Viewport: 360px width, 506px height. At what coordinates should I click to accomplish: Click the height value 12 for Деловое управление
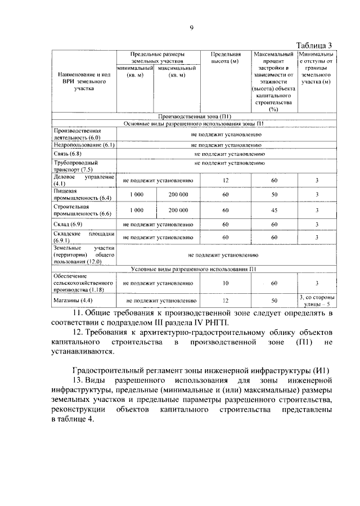225,180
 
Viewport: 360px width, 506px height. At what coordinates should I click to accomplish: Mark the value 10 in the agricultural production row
225,283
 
